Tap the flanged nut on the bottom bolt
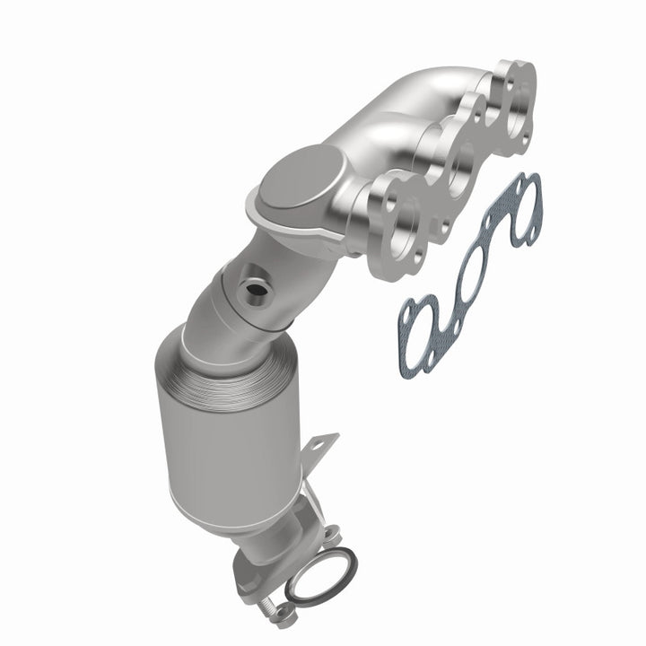click(285, 615)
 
